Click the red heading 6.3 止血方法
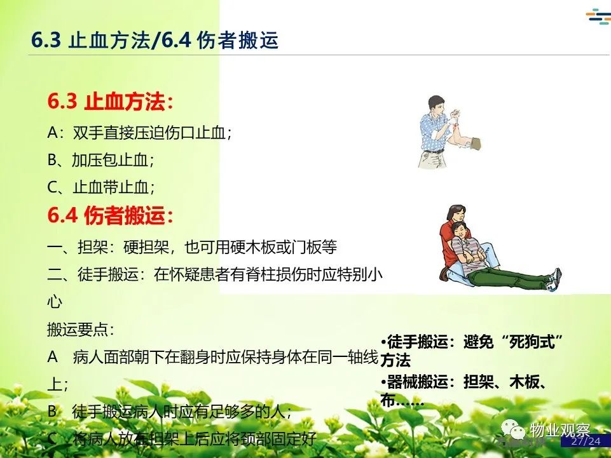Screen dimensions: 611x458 [x=110, y=102]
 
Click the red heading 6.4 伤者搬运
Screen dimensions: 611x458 [x=110, y=215]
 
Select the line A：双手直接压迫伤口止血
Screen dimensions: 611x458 [x=139, y=133]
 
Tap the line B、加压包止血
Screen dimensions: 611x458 [x=100, y=160]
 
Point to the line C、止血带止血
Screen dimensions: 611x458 [x=101, y=187]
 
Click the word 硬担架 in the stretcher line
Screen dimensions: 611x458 [x=146, y=247]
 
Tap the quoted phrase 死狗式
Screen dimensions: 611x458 [x=532, y=342]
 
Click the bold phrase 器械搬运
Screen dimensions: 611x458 [x=417, y=382]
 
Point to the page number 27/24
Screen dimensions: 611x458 [x=586, y=441]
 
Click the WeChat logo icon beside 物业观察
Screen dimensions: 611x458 [x=513, y=429]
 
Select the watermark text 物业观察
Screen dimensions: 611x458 [x=560, y=430]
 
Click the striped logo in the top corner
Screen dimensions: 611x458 [x=598, y=17]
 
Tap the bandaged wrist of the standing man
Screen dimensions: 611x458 [x=453, y=119]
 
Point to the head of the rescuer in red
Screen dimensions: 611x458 [x=455, y=214]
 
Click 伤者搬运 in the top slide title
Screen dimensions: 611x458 [x=238, y=40]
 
